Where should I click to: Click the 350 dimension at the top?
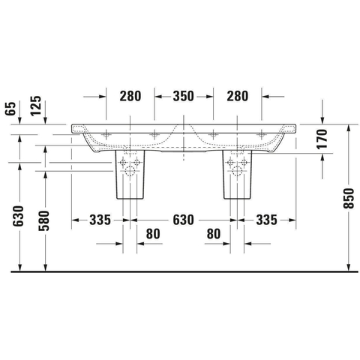point(183,96)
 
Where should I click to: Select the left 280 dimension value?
point(130,96)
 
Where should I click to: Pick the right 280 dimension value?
point(238,96)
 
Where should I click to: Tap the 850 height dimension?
point(349,199)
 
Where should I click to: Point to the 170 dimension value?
point(322,139)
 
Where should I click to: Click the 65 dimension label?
point(10,109)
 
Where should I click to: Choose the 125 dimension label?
point(36,106)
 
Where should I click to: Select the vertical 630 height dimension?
point(18,216)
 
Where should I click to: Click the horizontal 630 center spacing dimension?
point(183,220)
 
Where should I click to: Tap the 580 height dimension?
point(43,220)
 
